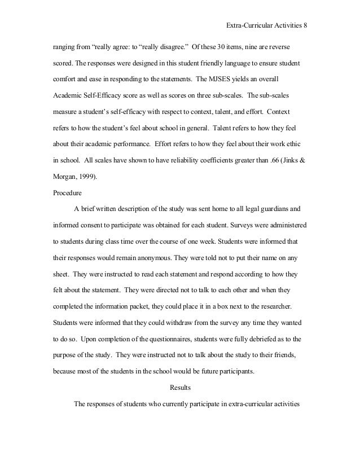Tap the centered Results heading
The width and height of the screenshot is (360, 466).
[180, 388]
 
